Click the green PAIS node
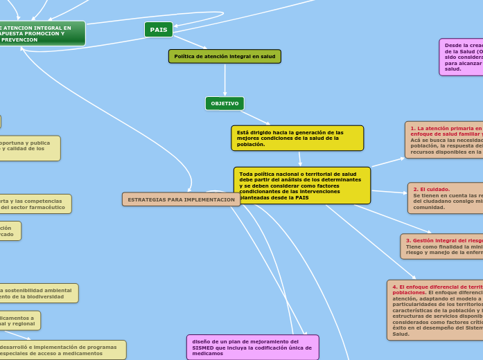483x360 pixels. click(x=159, y=30)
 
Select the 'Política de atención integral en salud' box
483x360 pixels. click(x=225, y=56)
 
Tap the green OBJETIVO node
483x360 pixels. click(x=225, y=103)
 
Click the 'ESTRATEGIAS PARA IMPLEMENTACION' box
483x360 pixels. click(x=181, y=199)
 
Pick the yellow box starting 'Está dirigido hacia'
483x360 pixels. click(x=297, y=138)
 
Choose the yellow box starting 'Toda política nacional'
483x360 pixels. click(x=301, y=186)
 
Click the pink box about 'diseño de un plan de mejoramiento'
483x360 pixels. click(x=252, y=347)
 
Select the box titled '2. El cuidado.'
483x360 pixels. click(x=446, y=198)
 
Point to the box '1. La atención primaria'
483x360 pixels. click(x=444, y=140)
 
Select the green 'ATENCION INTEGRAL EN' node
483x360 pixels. click(x=42, y=33)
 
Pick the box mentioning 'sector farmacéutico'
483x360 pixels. click(x=34, y=204)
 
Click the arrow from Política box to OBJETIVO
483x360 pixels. click(x=225, y=80)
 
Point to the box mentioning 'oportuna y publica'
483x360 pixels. click(x=28, y=147)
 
